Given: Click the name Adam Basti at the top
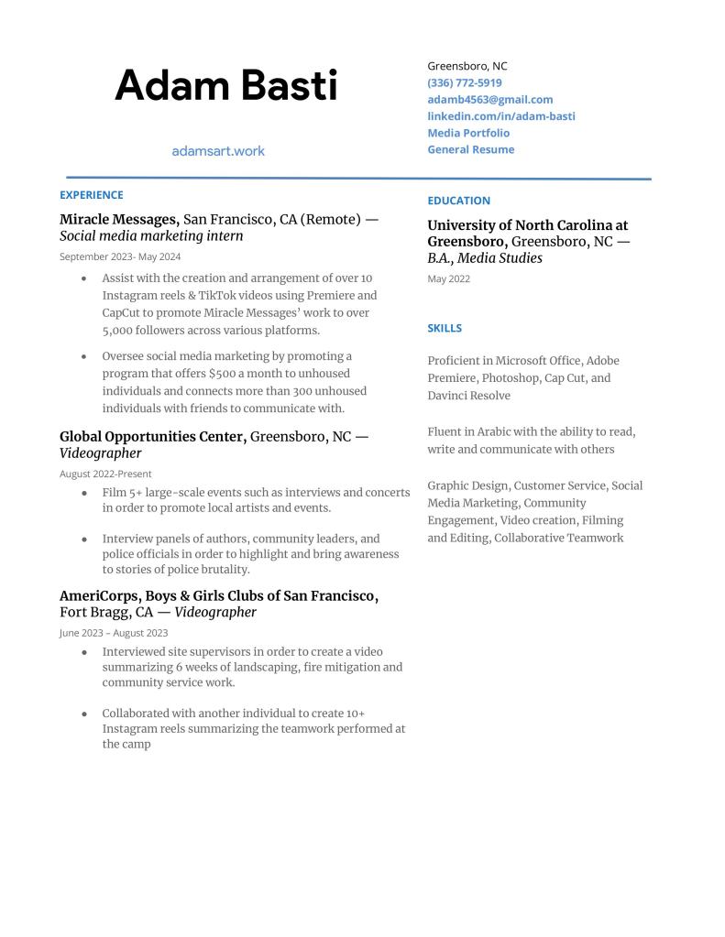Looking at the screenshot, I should point(225,85).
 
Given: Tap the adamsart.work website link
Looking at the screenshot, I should point(218,150).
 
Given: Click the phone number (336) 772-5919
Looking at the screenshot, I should point(464,82).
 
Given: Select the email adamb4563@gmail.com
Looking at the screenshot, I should point(489,99).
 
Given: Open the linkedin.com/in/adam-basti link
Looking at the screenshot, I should point(500,116).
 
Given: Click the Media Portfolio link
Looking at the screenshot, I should point(468,133).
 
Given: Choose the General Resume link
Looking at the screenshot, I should point(470,149).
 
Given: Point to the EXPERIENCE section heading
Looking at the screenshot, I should point(91,195).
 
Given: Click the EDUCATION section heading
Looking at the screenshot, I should point(458,201).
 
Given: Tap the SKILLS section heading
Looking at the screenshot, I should point(445,328).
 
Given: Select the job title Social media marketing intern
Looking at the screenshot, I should point(151,236).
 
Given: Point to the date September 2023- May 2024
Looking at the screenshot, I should point(120,256).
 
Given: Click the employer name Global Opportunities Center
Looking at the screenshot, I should point(153,437).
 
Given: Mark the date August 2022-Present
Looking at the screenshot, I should point(105,474).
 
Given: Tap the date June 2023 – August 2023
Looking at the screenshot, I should point(114,632).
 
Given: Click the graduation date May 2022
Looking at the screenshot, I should point(448,278).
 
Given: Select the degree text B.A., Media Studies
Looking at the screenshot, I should point(485,258).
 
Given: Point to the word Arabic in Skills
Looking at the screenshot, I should point(495,431).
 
